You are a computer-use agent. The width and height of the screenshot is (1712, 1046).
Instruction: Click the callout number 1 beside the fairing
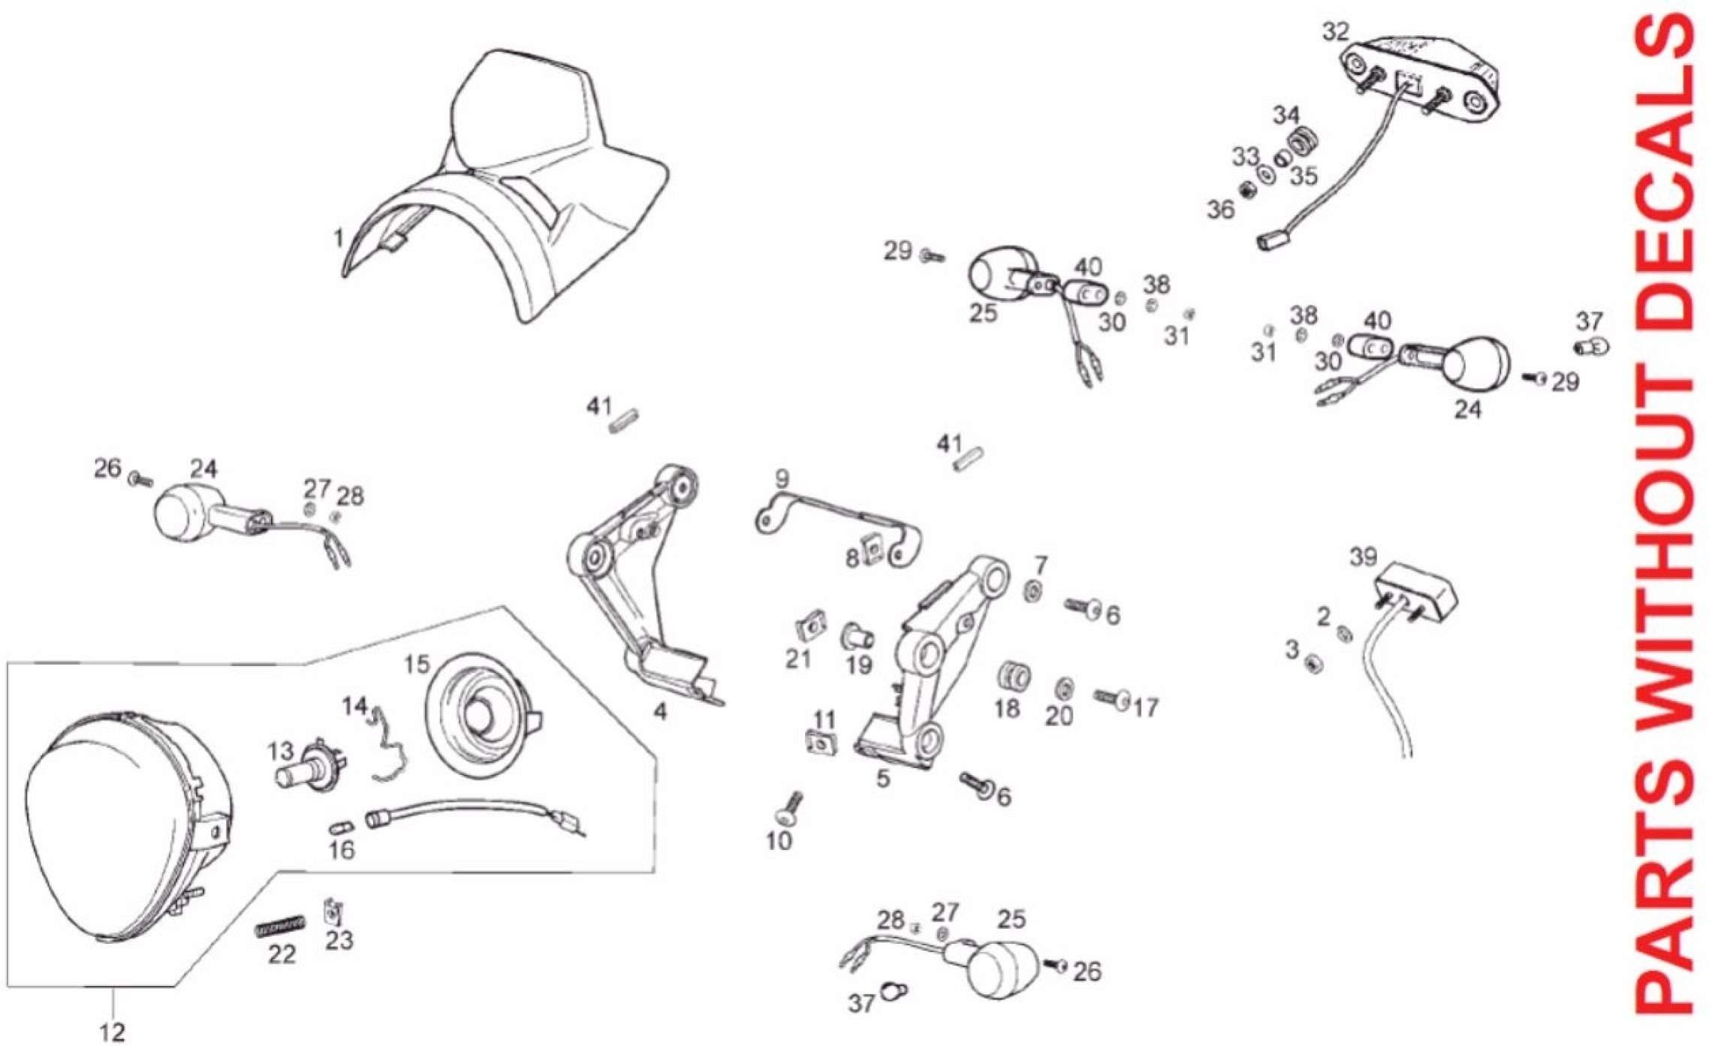pos(339,238)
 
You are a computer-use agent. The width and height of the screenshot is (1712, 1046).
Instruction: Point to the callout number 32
pos(1336,32)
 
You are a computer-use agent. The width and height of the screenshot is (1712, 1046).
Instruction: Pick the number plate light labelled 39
pos(1416,590)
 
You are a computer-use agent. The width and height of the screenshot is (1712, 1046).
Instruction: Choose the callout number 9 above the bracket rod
pos(782,478)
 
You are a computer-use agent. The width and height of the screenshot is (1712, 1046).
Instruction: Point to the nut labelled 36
pos(1248,191)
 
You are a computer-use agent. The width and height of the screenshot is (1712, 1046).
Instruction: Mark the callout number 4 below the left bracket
pos(660,710)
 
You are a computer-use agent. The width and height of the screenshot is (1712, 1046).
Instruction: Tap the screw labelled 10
pos(789,807)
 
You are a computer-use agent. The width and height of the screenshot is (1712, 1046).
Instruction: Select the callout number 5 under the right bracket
pos(883,778)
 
